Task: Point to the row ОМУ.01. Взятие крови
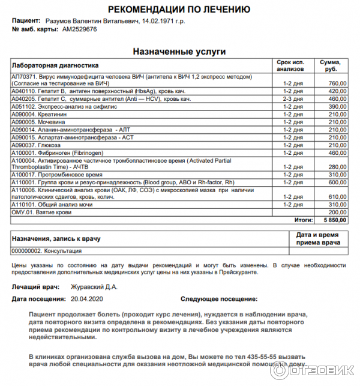(x=41, y=212)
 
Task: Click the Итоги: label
(x=304, y=220)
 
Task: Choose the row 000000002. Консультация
(x=47, y=251)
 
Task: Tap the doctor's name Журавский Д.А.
(x=94, y=287)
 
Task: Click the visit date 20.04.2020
(x=87, y=298)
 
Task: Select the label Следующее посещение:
(x=219, y=298)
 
